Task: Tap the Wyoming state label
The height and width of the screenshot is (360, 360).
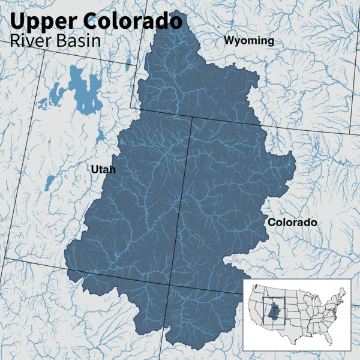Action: click(x=248, y=41)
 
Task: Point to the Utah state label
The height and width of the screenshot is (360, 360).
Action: click(x=103, y=170)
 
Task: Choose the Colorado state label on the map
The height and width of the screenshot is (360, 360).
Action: click(x=292, y=223)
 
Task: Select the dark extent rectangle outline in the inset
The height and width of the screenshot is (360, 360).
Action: click(x=263, y=312)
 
